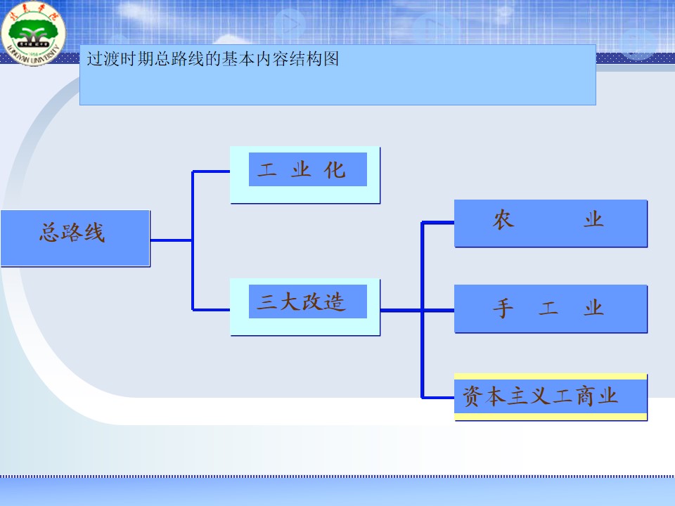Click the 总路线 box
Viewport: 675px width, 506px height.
(75, 238)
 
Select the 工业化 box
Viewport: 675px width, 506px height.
(305, 174)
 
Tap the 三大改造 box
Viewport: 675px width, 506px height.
(305, 306)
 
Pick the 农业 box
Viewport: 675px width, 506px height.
(550, 223)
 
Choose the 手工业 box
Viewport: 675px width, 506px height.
(550, 308)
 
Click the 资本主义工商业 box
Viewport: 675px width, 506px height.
(550, 397)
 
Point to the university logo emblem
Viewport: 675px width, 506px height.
(33, 32)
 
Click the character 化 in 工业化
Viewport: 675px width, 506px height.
(335, 169)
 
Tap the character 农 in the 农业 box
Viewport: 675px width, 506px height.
(503, 220)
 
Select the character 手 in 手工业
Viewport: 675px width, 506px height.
(502, 308)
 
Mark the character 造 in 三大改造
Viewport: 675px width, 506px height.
(335, 302)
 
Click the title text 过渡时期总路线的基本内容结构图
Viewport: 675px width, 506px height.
(213, 59)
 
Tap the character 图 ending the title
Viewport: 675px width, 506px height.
(331, 59)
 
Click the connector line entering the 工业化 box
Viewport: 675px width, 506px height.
(211, 171)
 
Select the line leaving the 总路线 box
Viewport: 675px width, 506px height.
(170, 240)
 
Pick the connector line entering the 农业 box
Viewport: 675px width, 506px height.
(437, 223)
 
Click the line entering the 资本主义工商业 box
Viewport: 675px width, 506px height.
(437, 397)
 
